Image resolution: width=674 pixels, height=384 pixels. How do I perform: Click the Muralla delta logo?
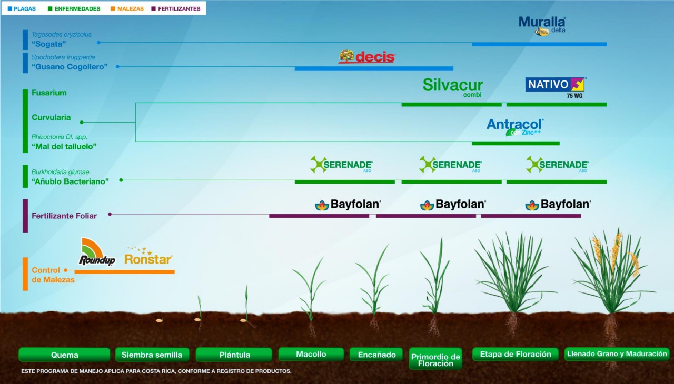(x=542, y=25)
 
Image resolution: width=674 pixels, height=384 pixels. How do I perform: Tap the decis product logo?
(x=367, y=57)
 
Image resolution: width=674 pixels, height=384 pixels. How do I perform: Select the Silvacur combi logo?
(x=453, y=87)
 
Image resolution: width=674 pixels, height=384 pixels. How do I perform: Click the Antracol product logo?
(x=514, y=127)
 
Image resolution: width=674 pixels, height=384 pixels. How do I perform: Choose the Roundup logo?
(x=97, y=252)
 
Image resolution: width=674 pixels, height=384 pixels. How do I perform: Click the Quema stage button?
(x=64, y=355)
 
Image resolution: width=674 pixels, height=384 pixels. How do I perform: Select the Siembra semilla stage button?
(x=152, y=355)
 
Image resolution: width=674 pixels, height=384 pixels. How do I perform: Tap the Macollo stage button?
(x=311, y=354)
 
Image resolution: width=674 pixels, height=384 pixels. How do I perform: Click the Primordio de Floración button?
(x=435, y=360)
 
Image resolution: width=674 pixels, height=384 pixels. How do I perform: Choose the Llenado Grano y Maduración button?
(x=617, y=354)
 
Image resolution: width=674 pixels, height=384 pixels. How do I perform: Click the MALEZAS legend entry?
(x=126, y=9)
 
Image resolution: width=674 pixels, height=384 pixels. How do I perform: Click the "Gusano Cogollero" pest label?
(x=70, y=67)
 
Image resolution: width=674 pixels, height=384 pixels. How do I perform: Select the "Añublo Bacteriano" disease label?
(x=70, y=181)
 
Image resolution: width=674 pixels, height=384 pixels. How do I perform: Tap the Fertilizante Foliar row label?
(x=64, y=216)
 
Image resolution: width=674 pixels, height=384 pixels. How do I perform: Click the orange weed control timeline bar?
(x=124, y=272)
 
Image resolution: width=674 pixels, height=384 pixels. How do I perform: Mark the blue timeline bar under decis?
(x=374, y=68)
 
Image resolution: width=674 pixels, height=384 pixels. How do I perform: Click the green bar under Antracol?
(x=515, y=143)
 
